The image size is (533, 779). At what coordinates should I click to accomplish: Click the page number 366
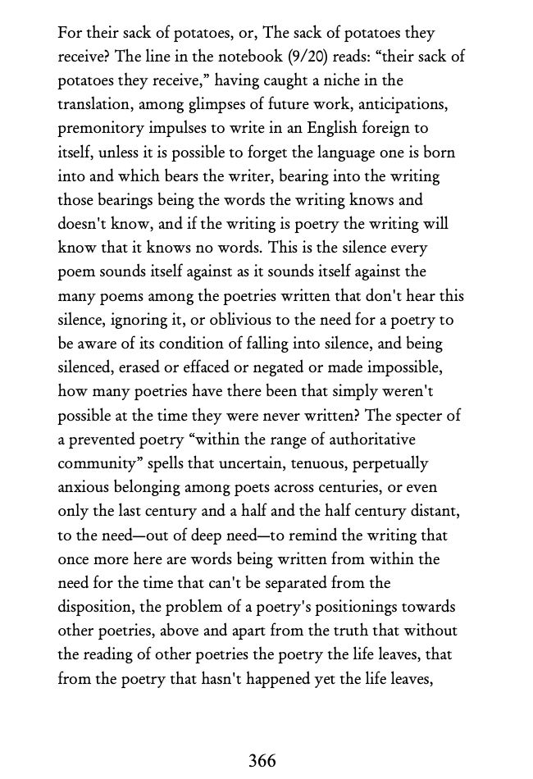coord(262,761)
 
